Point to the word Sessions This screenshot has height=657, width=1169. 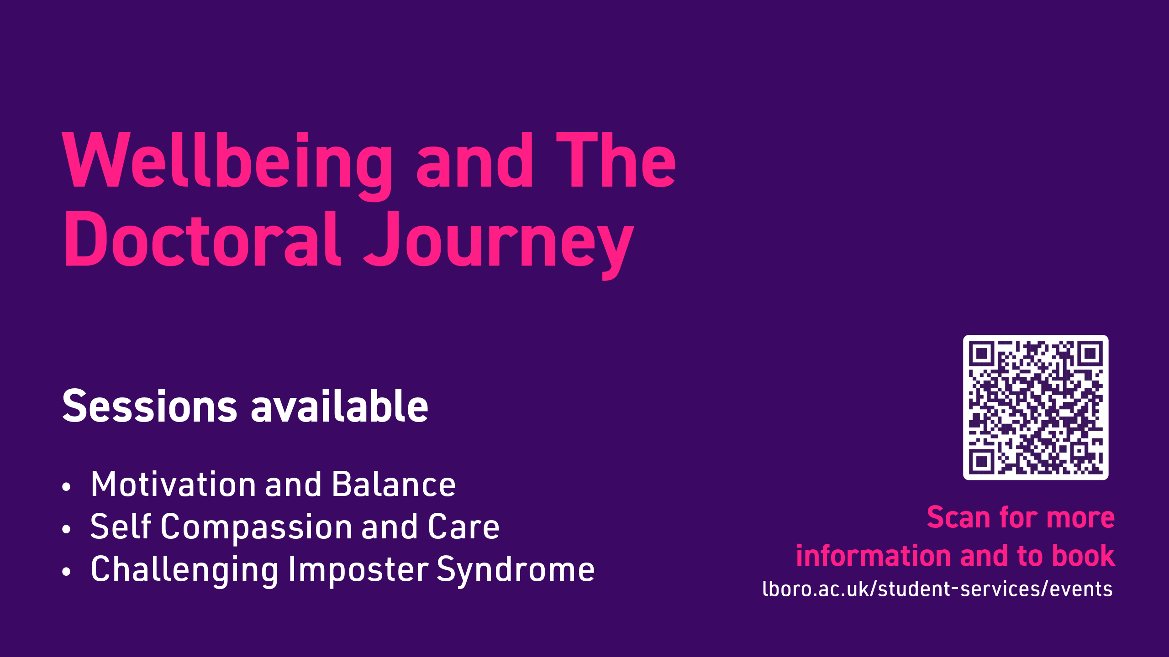pos(150,406)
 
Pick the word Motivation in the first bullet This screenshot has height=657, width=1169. pos(174,484)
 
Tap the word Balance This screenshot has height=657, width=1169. pos(394,484)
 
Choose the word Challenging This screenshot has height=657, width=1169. pos(184,571)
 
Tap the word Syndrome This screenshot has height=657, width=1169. pos(516,571)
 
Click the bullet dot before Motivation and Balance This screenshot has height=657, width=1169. pos(67,487)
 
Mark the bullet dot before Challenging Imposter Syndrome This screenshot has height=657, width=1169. pos(67,572)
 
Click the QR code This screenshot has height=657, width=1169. pos(1036,407)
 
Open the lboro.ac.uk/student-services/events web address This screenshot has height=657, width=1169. pos(937,589)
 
